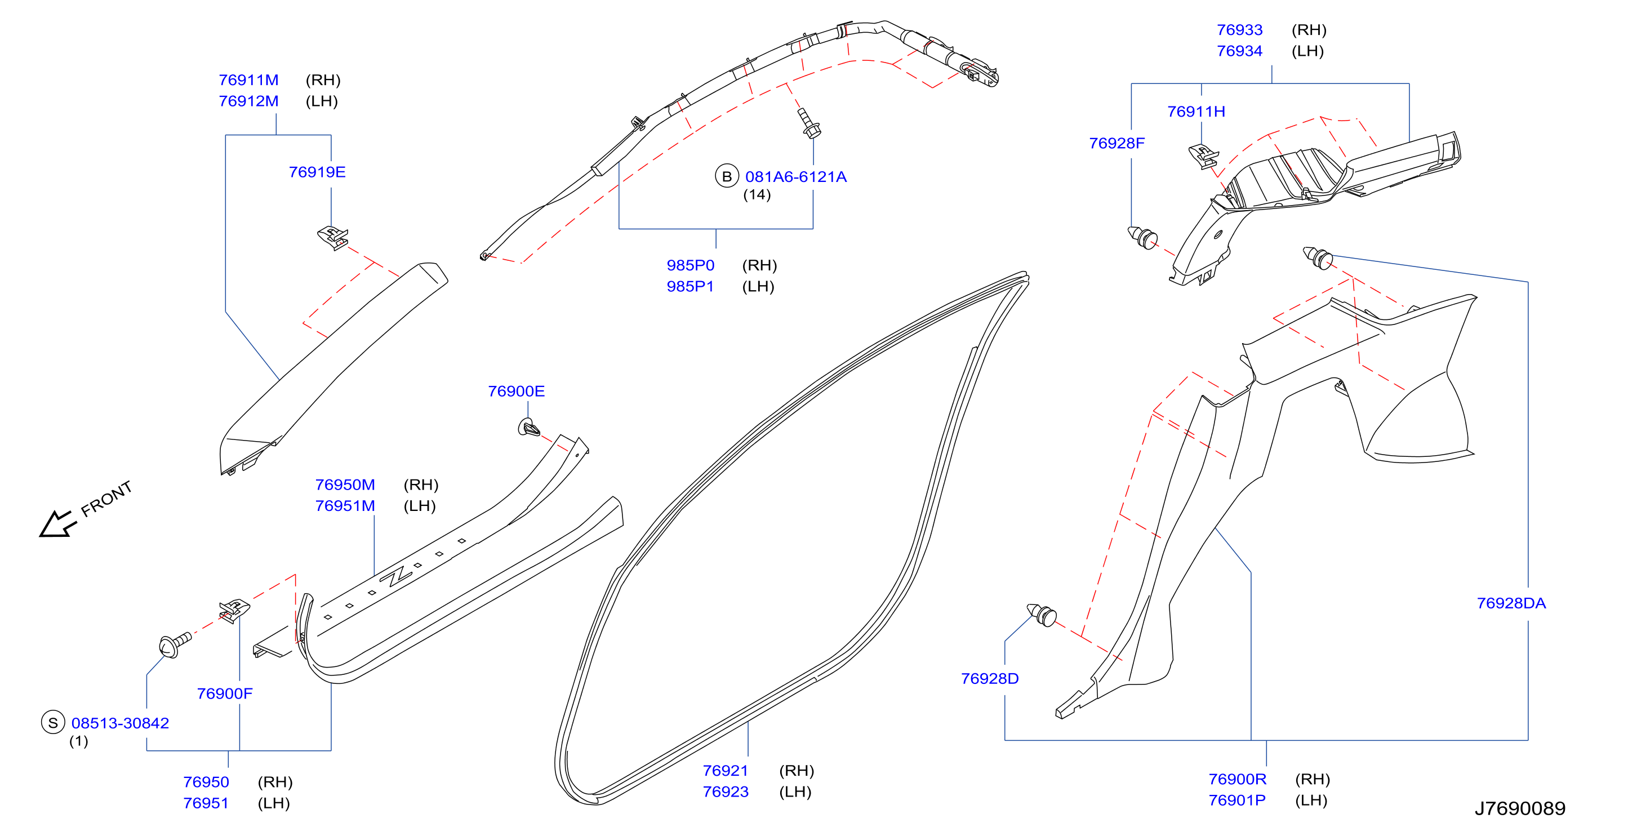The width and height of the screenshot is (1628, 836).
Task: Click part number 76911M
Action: tap(248, 80)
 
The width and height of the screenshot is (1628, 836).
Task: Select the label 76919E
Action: tap(317, 172)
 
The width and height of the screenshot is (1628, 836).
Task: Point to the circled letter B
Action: tap(727, 176)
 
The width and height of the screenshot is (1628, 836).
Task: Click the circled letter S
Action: tap(53, 722)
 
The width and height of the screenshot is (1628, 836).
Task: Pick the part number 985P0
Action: tap(690, 265)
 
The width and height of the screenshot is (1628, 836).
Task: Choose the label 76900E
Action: tap(517, 391)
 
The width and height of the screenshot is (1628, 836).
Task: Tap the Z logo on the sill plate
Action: tap(395, 576)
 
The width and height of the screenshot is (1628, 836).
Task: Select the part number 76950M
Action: tap(345, 484)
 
